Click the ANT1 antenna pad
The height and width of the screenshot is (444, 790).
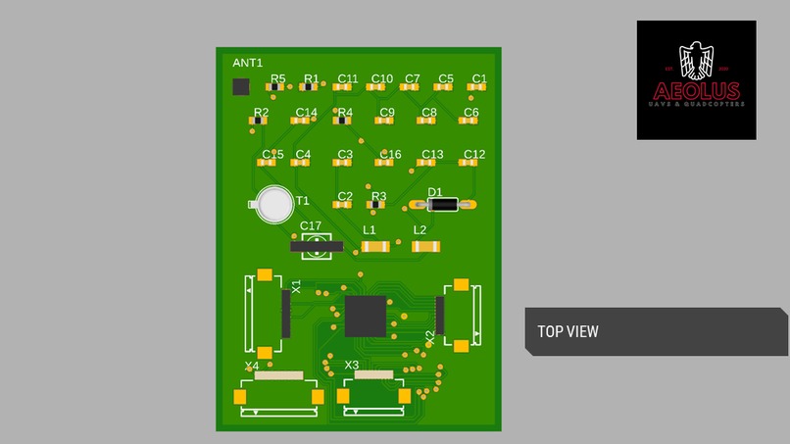point(240,87)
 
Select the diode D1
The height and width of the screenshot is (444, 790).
point(443,205)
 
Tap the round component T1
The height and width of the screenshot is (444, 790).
point(275,204)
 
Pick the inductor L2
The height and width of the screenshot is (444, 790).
point(425,246)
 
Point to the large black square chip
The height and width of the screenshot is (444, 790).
point(365,316)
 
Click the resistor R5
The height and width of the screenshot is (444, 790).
point(276,88)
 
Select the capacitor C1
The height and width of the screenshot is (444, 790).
point(477,88)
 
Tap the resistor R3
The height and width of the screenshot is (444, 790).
point(377,206)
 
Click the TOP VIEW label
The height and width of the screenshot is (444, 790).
point(568,332)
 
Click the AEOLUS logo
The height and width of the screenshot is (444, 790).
point(696,79)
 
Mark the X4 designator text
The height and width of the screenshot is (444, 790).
point(252,366)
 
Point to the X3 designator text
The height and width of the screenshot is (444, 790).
point(352,366)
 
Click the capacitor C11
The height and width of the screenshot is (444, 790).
point(342,88)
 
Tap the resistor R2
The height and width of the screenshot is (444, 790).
point(260,122)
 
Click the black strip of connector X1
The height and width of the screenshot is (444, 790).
point(286,314)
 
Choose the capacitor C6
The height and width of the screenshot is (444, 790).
point(469,122)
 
